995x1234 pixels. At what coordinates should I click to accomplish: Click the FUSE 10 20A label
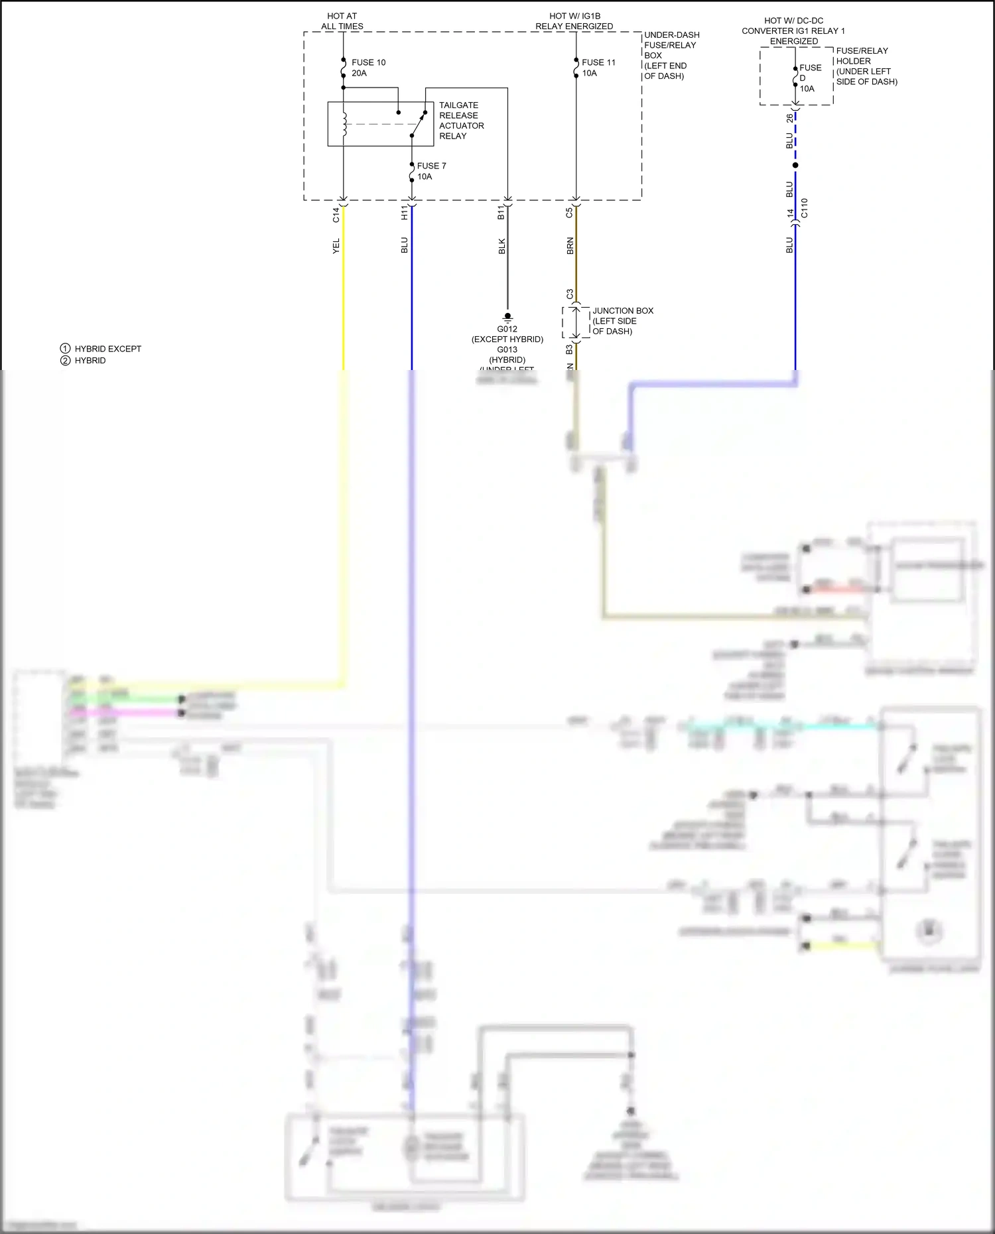368,68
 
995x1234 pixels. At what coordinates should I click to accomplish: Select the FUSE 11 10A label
598,68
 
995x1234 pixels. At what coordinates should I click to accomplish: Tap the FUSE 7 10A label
431,171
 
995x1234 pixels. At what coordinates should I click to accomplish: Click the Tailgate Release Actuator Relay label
461,121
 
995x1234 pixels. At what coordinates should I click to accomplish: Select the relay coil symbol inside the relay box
344,124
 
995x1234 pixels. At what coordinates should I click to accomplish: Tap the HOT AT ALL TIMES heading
342,21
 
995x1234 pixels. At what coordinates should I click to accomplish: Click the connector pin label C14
336,214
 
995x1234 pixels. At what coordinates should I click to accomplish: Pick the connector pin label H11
404,213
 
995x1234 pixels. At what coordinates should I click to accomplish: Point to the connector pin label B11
501,213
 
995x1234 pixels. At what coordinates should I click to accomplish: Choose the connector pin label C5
569,213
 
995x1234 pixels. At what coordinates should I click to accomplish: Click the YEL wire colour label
336,246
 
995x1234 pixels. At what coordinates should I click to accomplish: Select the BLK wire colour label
501,246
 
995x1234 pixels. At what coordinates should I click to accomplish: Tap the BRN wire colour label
570,246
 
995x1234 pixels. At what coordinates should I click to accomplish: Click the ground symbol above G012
507,317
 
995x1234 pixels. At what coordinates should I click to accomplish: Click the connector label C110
804,208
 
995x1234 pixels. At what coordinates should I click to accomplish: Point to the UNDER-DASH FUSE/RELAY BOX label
671,55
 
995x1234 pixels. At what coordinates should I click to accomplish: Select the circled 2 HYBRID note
84,361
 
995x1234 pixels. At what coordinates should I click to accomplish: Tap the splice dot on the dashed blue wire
795,165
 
